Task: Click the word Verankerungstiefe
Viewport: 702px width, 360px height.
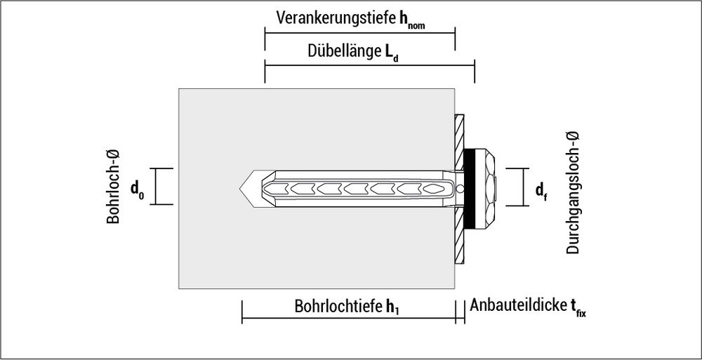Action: coord(336,17)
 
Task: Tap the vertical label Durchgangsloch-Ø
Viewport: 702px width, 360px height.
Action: coord(573,193)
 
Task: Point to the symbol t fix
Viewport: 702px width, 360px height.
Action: coord(577,309)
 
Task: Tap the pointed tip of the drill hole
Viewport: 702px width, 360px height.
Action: coord(239,187)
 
